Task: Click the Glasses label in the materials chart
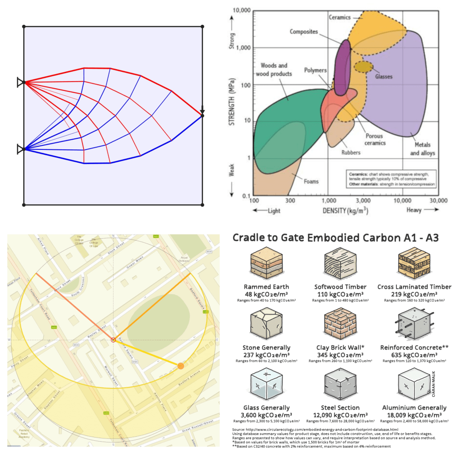point(384,77)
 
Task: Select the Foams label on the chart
point(311,181)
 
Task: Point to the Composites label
point(305,31)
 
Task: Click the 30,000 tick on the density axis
point(438,201)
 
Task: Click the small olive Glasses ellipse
point(364,67)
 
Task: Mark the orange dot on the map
point(180,366)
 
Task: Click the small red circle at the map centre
point(113,340)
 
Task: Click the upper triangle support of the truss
point(20,82)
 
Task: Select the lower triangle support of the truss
point(20,149)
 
